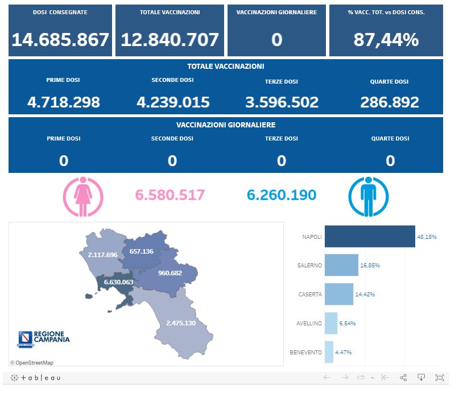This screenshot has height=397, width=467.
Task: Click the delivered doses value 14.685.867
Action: pyautogui.click(x=60, y=40)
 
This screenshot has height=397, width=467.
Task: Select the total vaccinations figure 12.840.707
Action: pyautogui.click(x=170, y=40)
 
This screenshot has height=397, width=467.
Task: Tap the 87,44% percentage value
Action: pyautogui.click(x=386, y=40)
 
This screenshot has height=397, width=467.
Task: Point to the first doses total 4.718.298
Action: pyautogui.click(x=64, y=102)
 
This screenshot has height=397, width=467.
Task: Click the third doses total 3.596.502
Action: pyautogui.click(x=282, y=102)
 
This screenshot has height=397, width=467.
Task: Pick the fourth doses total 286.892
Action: pyautogui.click(x=390, y=102)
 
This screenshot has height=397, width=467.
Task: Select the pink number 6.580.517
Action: pyautogui.click(x=170, y=195)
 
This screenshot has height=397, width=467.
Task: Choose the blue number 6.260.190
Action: pyautogui.click(x=282, y=195)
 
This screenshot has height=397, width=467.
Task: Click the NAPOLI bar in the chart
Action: pyautogui.click(x=369, y=237)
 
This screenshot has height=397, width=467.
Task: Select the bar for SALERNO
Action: pyautogui.click(x=341, y=265)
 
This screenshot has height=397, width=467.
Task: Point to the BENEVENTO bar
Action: pyautogui.click(x=329, y=352)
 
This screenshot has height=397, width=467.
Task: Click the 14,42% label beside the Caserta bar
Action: pyautogui.click(x=365, y=294)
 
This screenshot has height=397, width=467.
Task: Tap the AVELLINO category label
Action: pyautogui.click(x=309, y=323)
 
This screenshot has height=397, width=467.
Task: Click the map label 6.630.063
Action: pyautogui.click(x=118, y=282)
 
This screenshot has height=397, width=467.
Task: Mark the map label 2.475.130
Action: pyautogui.click(x=181, y=323)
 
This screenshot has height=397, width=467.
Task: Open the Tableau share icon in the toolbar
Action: pyautogui.click(x=403, y=378)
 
